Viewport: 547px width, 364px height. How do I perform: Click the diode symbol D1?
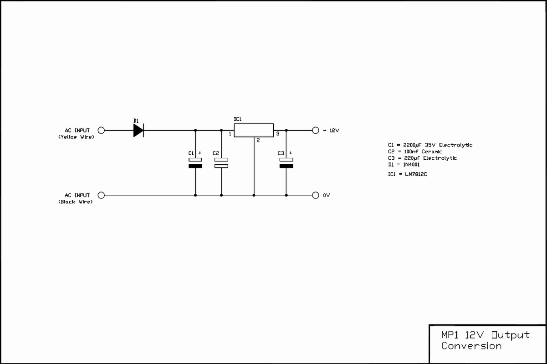138,130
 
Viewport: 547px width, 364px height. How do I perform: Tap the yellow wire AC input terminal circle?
101,131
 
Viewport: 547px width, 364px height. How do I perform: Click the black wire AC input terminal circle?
101,195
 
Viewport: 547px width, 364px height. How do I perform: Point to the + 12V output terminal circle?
316,131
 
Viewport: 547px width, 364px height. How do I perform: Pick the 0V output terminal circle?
316,195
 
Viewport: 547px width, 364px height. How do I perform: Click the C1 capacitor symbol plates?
195,163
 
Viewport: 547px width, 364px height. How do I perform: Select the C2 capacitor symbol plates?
221,163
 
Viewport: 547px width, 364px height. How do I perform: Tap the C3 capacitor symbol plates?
286,163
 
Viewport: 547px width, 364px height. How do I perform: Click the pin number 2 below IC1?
258,140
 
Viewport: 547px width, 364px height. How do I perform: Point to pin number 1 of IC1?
230,134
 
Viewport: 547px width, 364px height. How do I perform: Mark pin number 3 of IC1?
278,134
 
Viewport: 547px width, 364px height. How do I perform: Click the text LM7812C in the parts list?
416,174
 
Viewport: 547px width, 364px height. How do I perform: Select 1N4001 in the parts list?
411,165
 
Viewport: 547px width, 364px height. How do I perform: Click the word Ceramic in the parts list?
432,152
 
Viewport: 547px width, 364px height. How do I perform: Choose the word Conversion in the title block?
471,346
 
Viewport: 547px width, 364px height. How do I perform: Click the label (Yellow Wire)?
76,137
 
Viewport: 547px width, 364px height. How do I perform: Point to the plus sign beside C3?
291,153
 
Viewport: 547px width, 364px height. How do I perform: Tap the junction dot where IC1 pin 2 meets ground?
254,195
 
